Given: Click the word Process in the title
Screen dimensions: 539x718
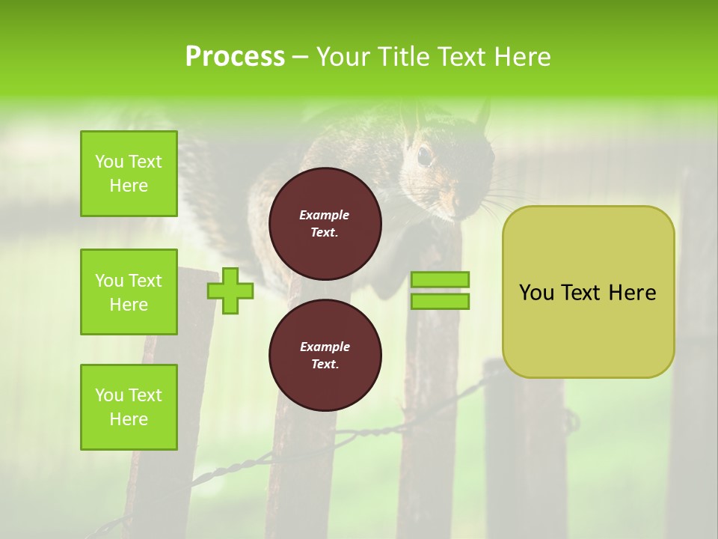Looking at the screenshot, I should [x=235, y=57].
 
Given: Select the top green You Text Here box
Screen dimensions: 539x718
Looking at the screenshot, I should [x=129, y=174].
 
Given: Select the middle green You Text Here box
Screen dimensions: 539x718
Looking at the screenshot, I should [x=129, y=292].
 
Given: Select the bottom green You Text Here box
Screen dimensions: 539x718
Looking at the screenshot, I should [x=129, y=407].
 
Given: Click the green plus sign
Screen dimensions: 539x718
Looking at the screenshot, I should [x=230, y=290].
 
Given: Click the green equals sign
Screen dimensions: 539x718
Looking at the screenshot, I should [x=440, y=290].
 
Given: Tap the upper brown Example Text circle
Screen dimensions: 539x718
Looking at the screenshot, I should [x=325, y=223].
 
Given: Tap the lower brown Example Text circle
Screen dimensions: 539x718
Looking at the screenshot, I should [x=325, y=355].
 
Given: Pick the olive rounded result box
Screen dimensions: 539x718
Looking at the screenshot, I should [x=588, y=292].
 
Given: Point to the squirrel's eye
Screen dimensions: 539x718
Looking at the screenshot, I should [x=424, y=155].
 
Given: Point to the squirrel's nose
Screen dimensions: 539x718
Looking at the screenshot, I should [x=451, y=200].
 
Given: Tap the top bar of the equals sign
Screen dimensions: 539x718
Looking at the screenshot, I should [x=440, y=279].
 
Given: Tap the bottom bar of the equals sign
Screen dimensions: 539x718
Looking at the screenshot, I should [x=440, y=302].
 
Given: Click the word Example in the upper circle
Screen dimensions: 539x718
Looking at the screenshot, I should [x=325, y=216].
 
